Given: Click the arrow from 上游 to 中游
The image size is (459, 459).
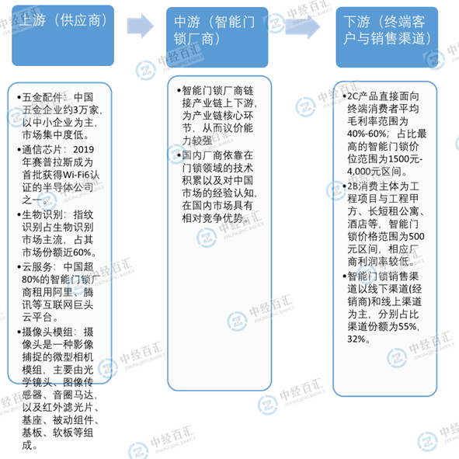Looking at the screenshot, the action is point(141,26).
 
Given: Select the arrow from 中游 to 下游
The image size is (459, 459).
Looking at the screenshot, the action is point(303,26).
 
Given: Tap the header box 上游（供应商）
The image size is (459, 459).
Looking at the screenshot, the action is point(63,36).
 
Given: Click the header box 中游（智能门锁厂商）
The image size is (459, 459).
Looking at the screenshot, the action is point(217,37).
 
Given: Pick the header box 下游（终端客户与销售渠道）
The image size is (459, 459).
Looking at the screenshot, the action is point(387,37).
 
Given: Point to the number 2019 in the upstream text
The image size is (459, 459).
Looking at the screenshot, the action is point(83,150).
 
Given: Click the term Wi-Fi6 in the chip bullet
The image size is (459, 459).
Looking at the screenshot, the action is point(76,175).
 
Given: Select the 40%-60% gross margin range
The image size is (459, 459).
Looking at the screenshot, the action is point(367,134).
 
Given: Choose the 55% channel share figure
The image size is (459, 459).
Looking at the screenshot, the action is point(408,326).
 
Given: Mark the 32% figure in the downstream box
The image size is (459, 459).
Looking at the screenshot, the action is point(356,339).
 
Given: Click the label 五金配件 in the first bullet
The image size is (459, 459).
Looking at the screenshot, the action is point(43,97).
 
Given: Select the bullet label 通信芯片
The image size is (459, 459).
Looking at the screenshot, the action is point(43,150).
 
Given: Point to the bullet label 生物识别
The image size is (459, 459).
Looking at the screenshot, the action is point(43,214).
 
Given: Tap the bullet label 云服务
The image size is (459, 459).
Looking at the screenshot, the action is point(37,266).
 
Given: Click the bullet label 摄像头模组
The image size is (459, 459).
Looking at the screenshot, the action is point(47,332).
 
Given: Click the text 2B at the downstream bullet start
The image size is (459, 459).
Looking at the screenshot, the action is point(353,186).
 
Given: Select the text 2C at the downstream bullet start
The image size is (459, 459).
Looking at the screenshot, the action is point(353,96).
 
